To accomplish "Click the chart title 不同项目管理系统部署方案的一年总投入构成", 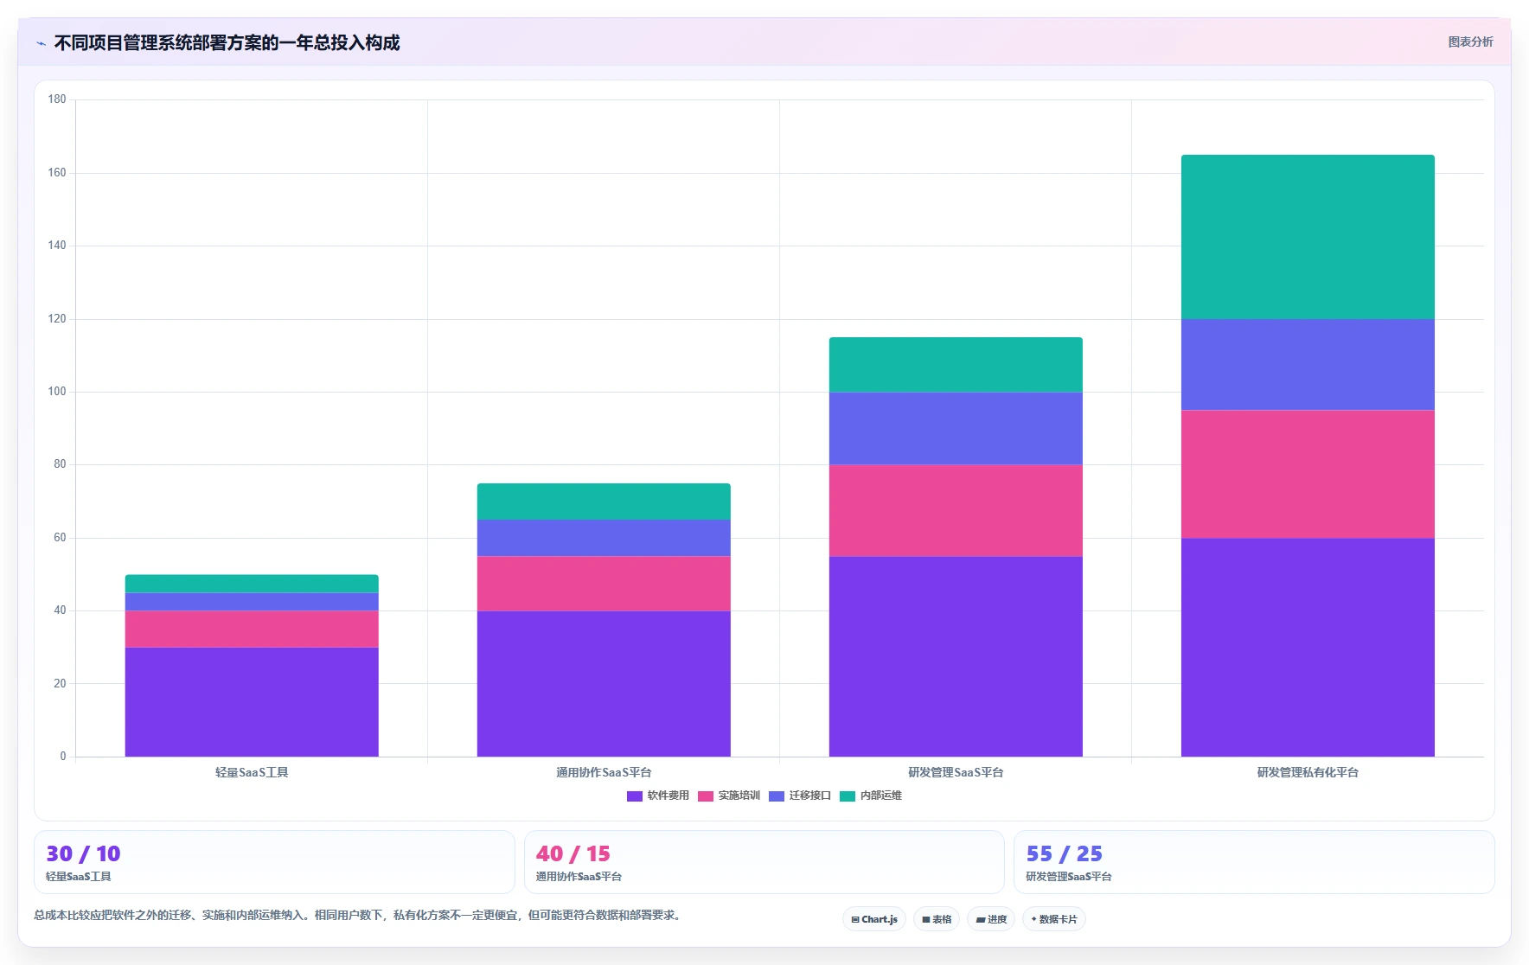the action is [x=227, y=42].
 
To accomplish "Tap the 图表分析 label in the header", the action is [x=1470, y=42].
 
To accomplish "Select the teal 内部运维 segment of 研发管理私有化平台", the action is [x=1308, y=237].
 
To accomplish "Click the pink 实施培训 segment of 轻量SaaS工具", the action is [x=252, y=629].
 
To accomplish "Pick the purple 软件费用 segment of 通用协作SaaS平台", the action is [x=604, y=684].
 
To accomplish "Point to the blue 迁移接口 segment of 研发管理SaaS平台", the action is [x=956, y=429].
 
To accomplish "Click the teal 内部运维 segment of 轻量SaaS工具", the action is [x=252, y=584].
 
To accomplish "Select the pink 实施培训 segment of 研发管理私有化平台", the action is [x=1308, y=474].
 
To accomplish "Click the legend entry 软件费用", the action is [x=658, y=796].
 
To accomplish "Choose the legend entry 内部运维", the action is [x=871, y=796].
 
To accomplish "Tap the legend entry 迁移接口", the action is [x=800, y=796].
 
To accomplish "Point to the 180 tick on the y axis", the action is [x=57, y=99].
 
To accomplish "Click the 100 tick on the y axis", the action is [x=57, y=392].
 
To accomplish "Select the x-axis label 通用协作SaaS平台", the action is [x=604, y=772].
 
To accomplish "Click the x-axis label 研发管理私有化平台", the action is [x=1308, y=772].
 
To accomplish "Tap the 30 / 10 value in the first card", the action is [x=83, y=853].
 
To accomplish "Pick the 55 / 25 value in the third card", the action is [x=1065, y=853].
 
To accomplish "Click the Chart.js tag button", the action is [x=874, y=919].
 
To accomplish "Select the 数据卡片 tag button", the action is [x=1054, y=919].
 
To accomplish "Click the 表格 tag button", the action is [x=937, y=919].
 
